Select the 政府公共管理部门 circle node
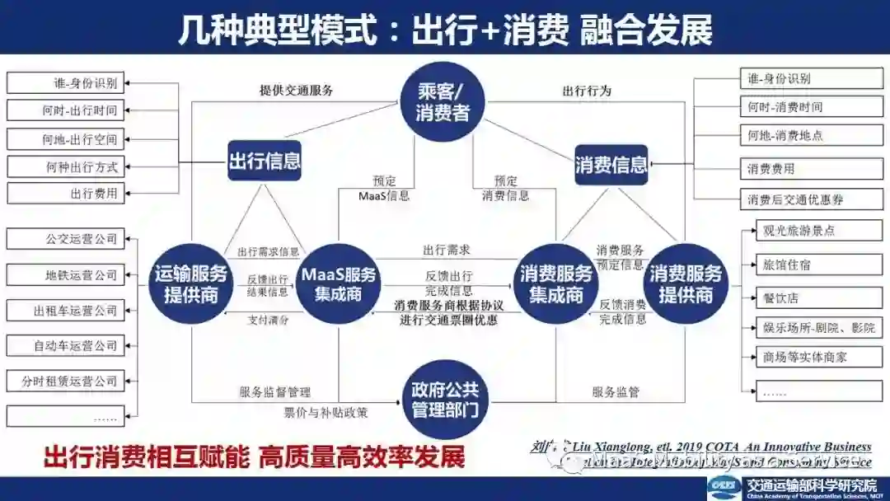coord(445,399)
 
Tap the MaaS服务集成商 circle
coord(338,283)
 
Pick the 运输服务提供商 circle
coord(191,283)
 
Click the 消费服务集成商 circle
coord(557,283)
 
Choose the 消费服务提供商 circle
coord(686,283)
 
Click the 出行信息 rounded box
coord(265,161)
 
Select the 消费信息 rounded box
coord(611,165)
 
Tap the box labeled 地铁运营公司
coord(65,275)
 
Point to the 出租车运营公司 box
coord(65,311)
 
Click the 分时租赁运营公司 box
coord(65,381)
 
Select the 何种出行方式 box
coord(65,167)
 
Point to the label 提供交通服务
coord(296,91)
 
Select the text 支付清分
coord(269,320)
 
